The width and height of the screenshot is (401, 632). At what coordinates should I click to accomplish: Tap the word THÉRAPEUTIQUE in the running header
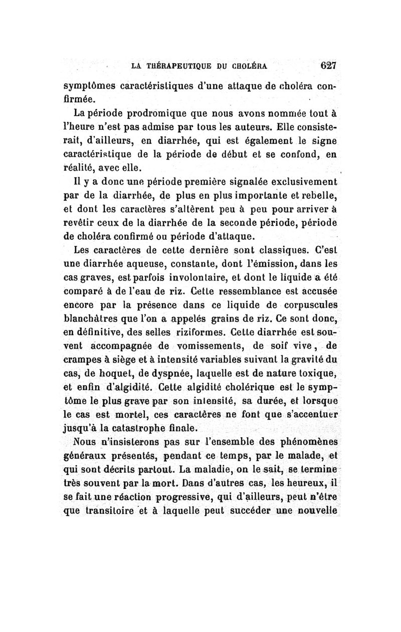tap(172, 66)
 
